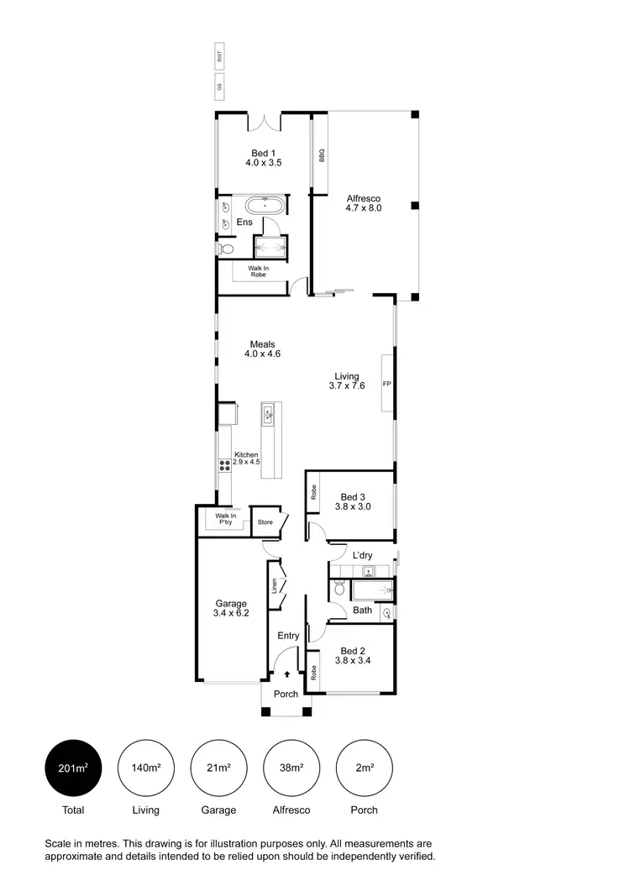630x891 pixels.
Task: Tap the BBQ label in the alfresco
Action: [x=320, y=156]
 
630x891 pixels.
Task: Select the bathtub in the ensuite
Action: [x=265, y=205]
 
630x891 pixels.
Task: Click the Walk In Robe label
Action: [x=258, y=271]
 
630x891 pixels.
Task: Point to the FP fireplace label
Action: [x=387, y=385]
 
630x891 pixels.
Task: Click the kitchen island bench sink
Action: [x=269, y=412]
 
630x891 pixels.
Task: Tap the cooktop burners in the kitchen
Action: [x=224, y=463]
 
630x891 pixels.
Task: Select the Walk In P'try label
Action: [x=223, y=519]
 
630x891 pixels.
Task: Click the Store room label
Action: [x=265, y=522]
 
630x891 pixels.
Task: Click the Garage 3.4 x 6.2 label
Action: [x=231, y=609]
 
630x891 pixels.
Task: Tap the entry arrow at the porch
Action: [x=287, y=673]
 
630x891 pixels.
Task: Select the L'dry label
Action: [x=362, y=556]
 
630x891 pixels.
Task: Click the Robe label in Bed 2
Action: [x=312, y=672]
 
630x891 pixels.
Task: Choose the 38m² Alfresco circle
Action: [x=291, y=767]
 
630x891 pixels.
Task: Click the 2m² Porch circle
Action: [x=364, y=767]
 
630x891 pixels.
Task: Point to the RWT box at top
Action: [x=220, y=58]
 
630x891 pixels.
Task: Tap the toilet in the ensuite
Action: [x=224, y=249]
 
